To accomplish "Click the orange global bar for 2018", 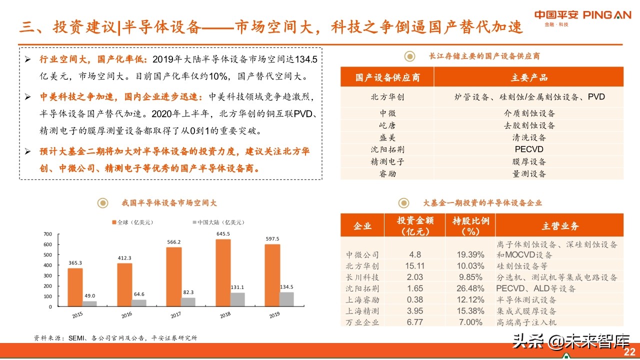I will click(x=223, y=273).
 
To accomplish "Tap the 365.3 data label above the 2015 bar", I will click(x=75, y=263).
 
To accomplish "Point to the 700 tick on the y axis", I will click(x=48, y=234).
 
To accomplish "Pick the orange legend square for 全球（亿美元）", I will click(x=114, y=222).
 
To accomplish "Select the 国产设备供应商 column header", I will click(x=387, y=77).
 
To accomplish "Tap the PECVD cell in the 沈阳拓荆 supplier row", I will click(x=528, y=149).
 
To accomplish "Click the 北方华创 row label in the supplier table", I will click(x=387, y=97).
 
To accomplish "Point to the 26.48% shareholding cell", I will click(x=470, y=288).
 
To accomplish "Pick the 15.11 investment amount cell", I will click(x=415, y=266).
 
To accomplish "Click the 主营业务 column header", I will click(x=559, y=226).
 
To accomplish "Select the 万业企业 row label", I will click(x=362, y=322).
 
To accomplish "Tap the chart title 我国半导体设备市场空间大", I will click(x=169, y=203).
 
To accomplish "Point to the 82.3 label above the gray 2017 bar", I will click(x=188, y=291).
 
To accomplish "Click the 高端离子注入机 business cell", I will click(x=526, y=322).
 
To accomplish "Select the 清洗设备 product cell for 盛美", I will click(x=528, y=137).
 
